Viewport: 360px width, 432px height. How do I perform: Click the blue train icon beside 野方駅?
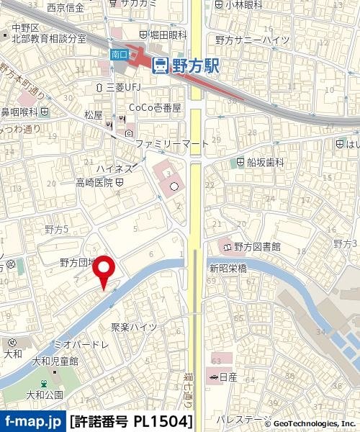161,66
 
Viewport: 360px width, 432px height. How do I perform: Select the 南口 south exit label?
119,53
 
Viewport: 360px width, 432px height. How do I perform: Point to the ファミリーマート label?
172,144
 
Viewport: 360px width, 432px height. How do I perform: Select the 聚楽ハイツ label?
133,327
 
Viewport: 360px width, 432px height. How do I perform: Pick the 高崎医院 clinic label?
95,183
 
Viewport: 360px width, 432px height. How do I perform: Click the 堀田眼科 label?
163,34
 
